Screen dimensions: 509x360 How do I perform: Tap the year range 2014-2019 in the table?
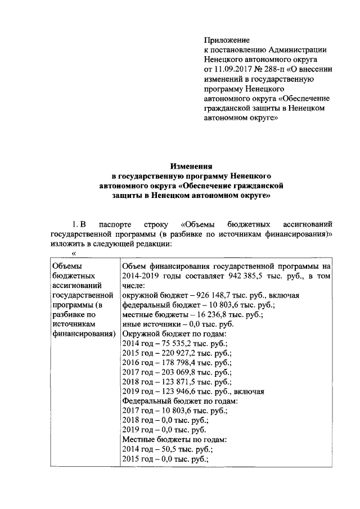point(140,276)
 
